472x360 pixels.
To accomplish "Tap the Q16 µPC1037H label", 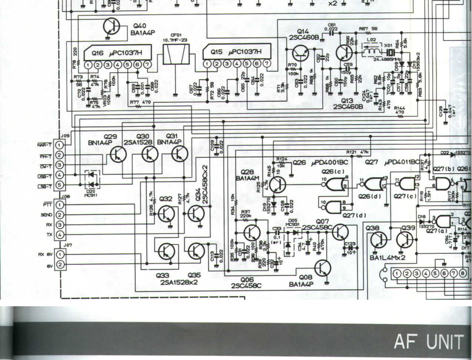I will [x=117, y=53].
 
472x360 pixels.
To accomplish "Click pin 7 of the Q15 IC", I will [x=267, y=63].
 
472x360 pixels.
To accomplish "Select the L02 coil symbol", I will [x=371, y=51].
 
